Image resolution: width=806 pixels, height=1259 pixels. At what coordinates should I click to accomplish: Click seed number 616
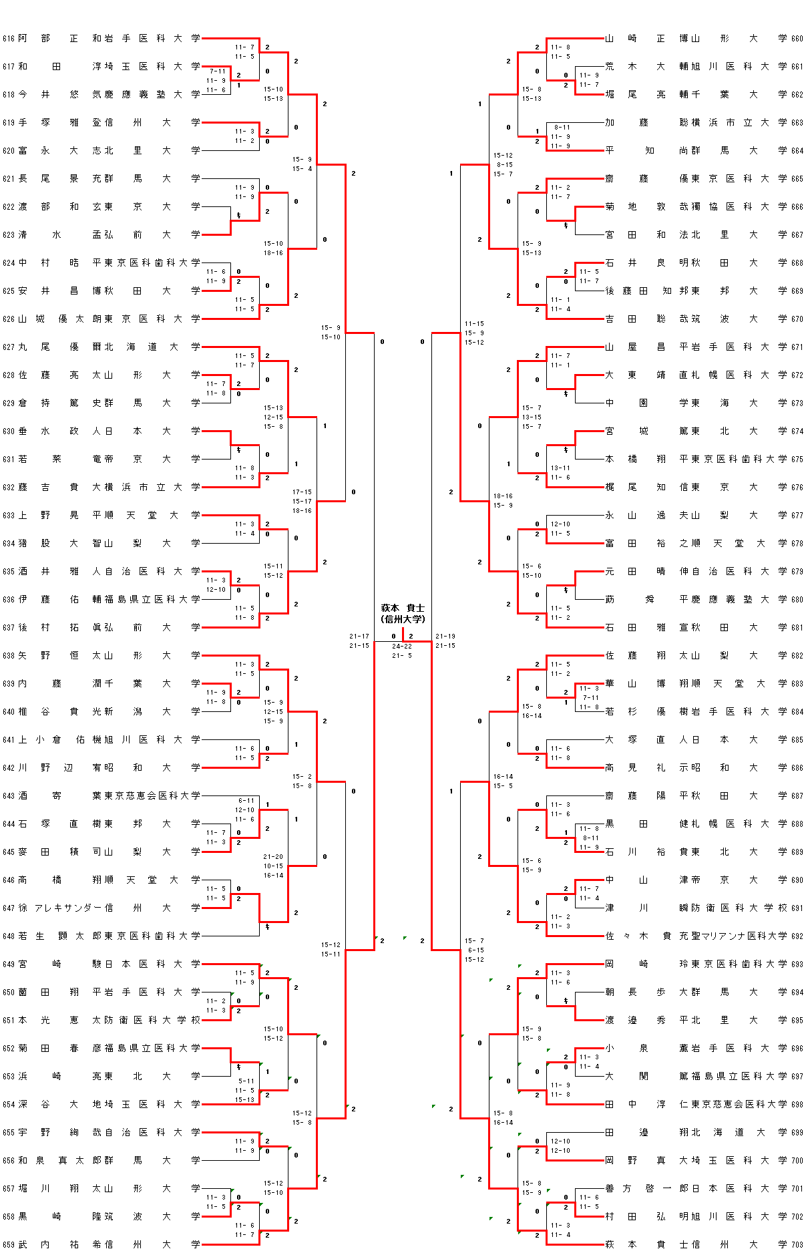(8, 39)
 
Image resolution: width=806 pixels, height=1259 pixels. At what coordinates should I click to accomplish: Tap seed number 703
(797, 1244)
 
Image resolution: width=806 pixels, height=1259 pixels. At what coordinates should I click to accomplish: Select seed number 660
(797, 39)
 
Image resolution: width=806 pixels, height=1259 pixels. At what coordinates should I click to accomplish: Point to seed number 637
(8, 627)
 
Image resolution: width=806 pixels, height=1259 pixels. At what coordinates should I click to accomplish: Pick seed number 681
(797, 627)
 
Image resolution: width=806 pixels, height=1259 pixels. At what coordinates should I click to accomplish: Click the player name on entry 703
(635, 1244)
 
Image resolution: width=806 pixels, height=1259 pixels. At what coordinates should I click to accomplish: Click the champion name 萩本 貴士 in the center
(402, 608)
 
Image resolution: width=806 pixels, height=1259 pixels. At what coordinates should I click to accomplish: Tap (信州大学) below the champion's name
(402, 619)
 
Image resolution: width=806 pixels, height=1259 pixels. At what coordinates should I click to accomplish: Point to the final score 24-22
(402, 647)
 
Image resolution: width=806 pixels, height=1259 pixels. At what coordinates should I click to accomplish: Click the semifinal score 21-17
(359, 637)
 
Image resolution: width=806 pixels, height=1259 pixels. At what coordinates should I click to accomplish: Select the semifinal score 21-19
(445, 637)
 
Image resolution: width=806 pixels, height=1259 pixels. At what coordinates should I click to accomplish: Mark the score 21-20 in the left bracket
(273, 856)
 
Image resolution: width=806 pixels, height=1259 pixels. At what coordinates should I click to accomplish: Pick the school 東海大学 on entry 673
(739, 403)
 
